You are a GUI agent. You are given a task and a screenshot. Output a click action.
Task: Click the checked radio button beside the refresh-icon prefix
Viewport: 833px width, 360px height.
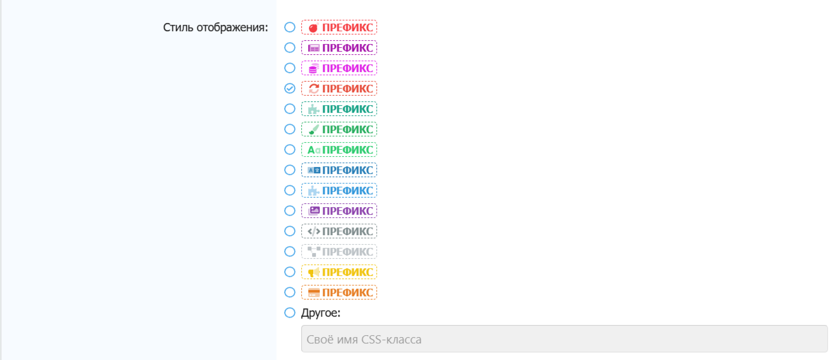click(290, 88)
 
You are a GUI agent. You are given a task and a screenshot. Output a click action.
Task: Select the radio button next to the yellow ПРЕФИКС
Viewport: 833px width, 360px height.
click(290, 271)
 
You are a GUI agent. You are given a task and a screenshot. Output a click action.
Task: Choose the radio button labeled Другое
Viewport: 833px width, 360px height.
click(290, 312)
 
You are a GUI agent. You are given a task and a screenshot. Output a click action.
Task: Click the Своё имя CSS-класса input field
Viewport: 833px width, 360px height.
click(564, 339)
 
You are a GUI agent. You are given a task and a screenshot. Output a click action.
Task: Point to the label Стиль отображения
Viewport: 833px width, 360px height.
click(215, 27)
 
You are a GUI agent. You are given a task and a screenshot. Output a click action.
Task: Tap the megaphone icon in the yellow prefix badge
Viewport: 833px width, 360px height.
click(313, 272)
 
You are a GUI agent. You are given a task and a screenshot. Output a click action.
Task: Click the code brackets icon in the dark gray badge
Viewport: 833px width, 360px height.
click(313, 231)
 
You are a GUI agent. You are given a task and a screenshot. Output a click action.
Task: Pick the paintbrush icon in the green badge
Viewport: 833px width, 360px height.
click(313, 129)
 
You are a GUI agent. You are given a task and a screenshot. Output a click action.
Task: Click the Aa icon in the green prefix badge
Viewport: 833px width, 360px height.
click(313, 150)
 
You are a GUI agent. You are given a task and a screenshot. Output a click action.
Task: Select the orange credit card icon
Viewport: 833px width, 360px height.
click(313, 292)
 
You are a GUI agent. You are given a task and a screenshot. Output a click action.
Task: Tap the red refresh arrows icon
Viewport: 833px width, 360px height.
click(313, 89)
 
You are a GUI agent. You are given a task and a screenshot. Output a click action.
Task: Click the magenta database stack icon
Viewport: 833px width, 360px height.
click(313, 68)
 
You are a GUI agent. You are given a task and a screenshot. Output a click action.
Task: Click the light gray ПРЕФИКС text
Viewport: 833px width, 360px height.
click(348, 252)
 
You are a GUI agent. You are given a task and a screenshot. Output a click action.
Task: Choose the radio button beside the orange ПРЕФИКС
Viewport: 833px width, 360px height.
click(290, 292)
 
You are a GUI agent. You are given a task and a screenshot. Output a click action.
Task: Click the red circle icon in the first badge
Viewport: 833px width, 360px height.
click(313, 27)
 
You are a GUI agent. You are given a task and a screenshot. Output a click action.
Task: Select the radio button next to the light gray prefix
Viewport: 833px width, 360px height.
click(290, 251)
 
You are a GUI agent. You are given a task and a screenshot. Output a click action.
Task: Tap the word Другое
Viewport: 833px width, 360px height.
click(321, 313)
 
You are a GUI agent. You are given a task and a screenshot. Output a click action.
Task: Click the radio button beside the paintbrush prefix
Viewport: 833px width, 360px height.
click(290, 129)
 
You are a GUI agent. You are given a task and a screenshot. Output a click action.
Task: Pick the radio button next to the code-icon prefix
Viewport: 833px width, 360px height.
click(290, 231)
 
